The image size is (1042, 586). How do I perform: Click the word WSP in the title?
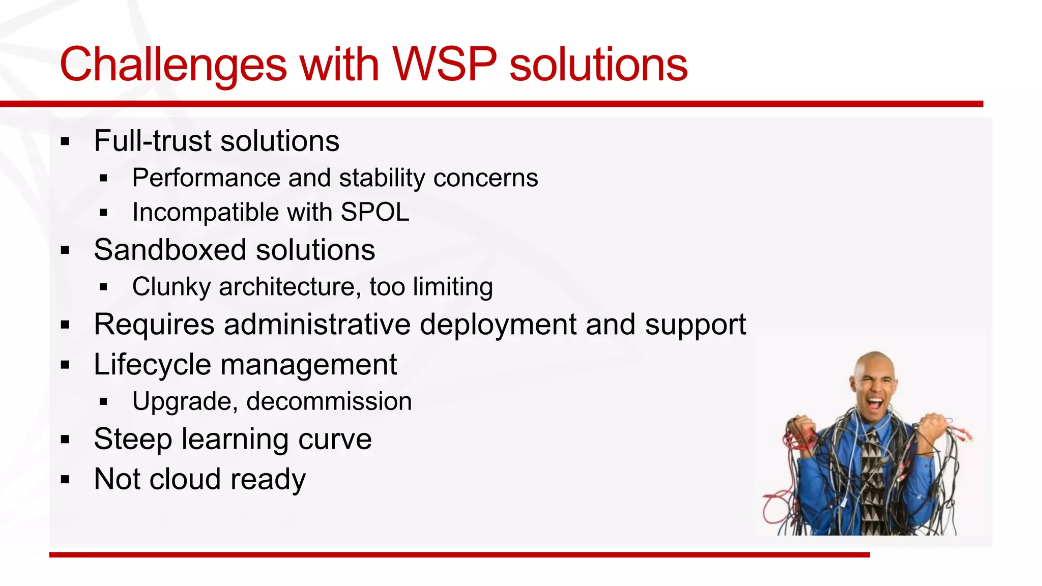pyautogui.click(x=444, y=65)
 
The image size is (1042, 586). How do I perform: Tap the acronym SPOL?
pyautogui.click(x=375, y=212)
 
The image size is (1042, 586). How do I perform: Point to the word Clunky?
pyautogui.click(x=171, y=287)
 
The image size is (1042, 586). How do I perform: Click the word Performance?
pyautogui.click(x=206, y=178)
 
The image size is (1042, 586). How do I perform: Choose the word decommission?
pyautogui.click(x=329, y=401)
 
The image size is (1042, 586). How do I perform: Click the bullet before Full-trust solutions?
pyautogui.click(x=65, y=141)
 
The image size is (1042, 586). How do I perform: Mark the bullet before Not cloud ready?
pyautogui.click(x=65, y=479)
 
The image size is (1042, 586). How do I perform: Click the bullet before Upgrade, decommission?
pyautogui.click(x=104, y=402)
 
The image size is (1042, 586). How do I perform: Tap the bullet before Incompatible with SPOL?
pyautogui.click(x=104, y=213)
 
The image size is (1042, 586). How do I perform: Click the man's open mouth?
pyautogui.click(x=875, y=404)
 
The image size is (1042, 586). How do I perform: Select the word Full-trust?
pyautogui.click(x=152, y=141)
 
